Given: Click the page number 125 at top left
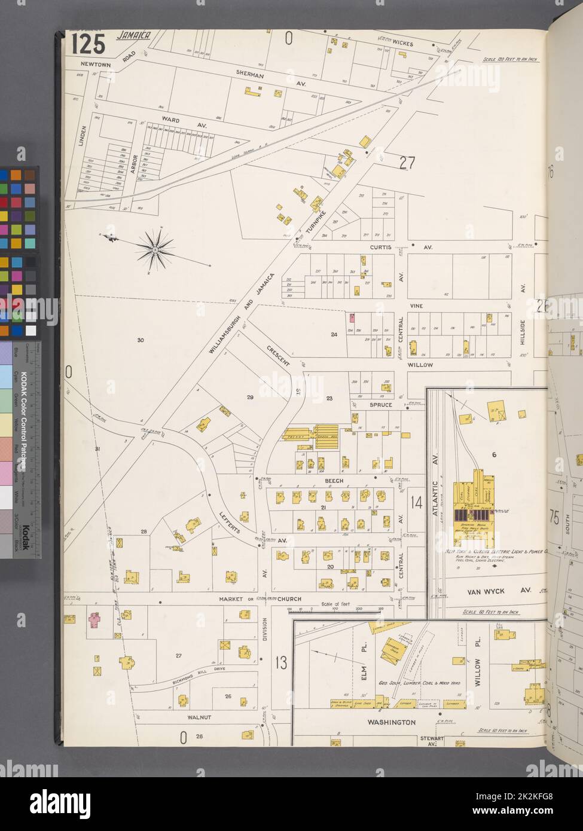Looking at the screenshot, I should click(88, 44).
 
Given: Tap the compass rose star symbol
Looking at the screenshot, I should click(155, 246).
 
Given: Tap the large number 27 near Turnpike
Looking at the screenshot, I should click(407, 163).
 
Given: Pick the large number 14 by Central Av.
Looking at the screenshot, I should click(416, 502).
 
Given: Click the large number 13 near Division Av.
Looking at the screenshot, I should click(280, 662).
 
